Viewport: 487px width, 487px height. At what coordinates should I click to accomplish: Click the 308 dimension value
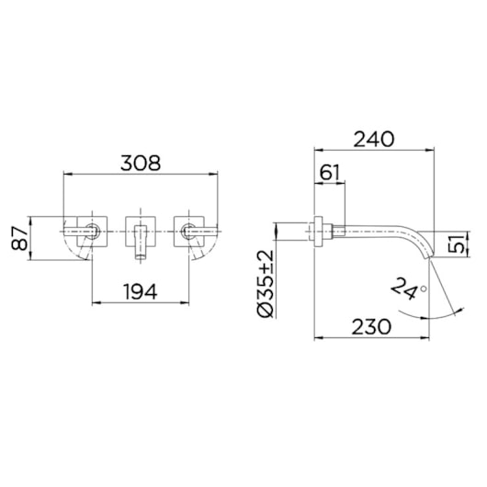141,163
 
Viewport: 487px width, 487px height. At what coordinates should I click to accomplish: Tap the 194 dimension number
141,291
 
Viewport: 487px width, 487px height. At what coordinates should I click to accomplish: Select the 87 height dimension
19,238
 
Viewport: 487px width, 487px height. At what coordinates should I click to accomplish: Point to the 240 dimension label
374,139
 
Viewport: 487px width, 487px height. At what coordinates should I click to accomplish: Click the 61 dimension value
330,172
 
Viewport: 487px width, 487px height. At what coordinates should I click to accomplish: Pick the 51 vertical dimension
457,243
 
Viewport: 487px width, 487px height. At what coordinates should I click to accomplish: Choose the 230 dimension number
371,327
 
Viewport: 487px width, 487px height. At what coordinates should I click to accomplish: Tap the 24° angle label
408,289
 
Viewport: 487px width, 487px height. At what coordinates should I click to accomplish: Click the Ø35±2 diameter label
266,284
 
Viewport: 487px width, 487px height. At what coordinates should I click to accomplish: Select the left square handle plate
92,232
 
